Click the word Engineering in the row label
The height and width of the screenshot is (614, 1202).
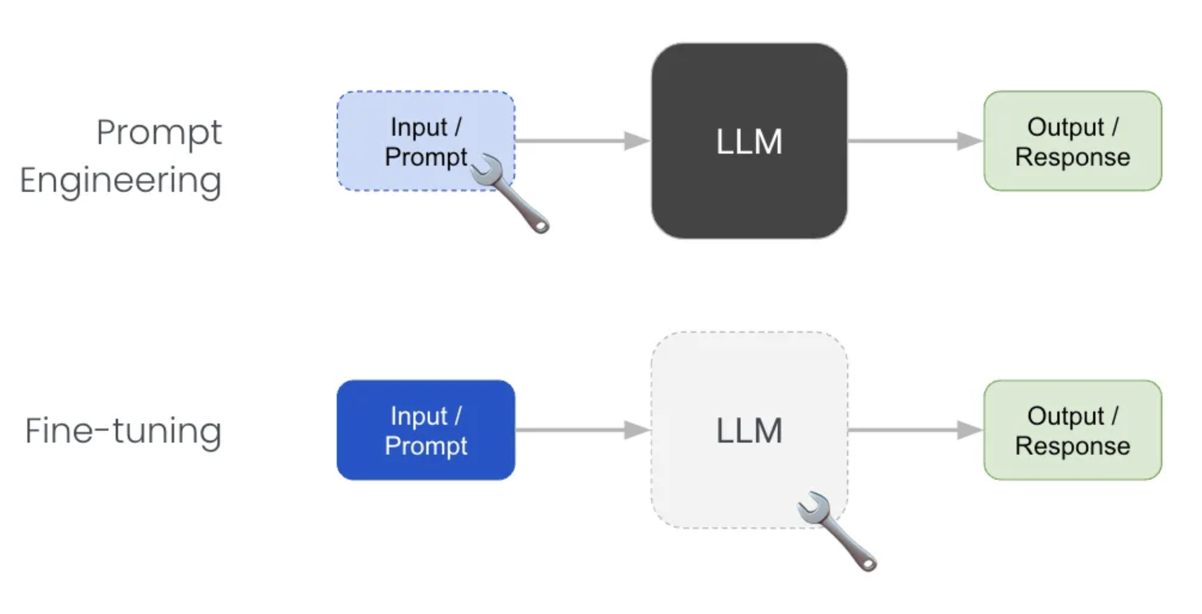coord(120,181)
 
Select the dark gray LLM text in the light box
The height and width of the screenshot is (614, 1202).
coord(749,430)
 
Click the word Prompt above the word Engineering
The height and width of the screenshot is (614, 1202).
coord(159,133)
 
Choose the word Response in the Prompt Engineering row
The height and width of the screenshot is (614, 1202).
coord(1072,157)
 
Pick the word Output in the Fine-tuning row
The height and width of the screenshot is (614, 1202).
coord(1065,416)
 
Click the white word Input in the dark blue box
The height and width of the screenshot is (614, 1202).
coord(419,416)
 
